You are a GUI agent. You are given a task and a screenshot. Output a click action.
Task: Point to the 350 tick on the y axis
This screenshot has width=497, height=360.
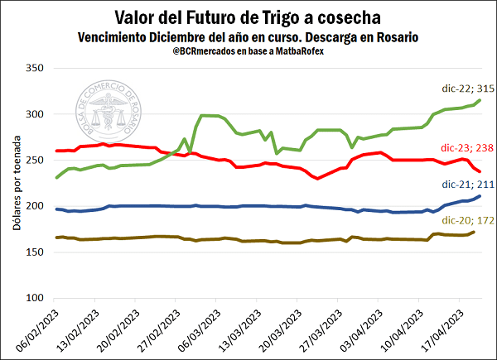(32, 68)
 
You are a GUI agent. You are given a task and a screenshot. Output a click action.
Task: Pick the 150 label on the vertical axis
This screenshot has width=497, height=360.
(32, 252)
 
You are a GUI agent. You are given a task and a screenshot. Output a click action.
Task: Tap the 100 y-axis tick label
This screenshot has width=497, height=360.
(32, 298)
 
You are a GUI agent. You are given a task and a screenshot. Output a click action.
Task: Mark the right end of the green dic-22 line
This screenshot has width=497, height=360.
(480, 100)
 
